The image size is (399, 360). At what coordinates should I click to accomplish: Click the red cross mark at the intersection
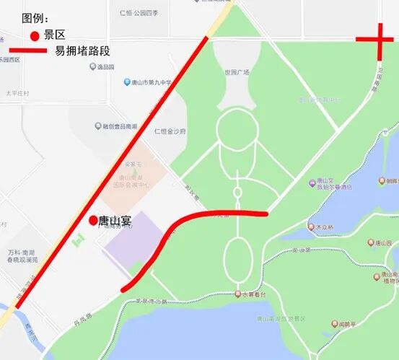380,40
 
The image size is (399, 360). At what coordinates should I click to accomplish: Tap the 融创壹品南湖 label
119,126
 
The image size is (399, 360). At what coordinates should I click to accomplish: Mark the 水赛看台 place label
253,294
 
